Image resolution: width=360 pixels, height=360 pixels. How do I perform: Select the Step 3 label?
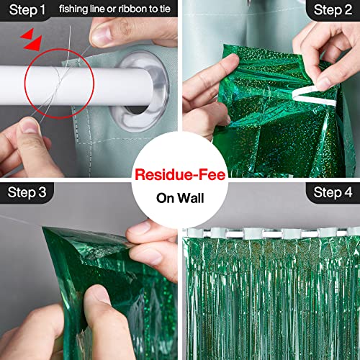click(27, 192)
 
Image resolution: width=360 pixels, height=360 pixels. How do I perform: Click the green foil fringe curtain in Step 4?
click(274, 302)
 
